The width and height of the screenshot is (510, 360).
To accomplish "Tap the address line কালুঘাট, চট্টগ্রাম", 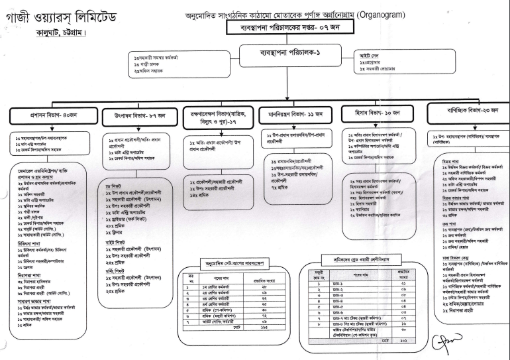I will (x=56, y=32).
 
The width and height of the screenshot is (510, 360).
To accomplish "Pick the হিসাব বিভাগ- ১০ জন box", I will (x=380, y=114).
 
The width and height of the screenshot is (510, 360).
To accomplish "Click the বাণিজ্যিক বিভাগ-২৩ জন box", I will (x=469, y=111).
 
